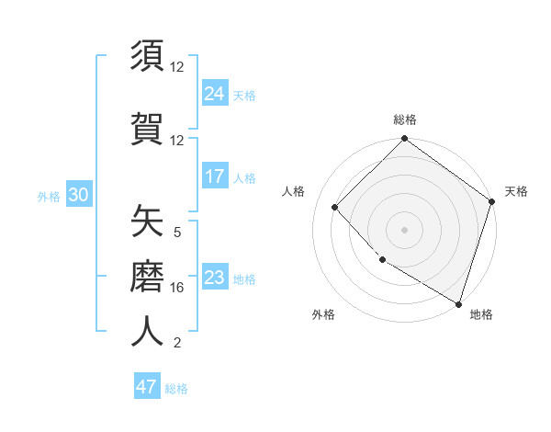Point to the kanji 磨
147,276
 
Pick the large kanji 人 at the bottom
147,331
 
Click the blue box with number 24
215,93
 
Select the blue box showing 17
215,176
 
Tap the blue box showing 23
215,278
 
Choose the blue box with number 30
78,194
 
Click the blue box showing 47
147,387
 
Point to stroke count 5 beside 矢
177,233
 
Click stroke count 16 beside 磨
177,288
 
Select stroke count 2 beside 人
177,343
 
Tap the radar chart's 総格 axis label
404,119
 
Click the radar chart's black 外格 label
323,314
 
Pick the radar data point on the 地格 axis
457,302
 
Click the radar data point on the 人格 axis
335,207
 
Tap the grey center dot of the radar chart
404,229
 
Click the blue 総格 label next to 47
176,389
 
